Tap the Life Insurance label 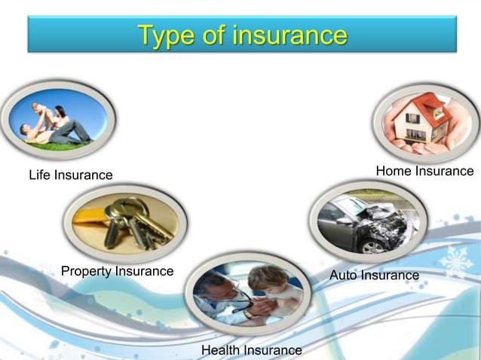[x=71, y=175]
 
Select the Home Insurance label [x=424, y=172]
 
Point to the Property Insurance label [x=117, y=271]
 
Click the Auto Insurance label [x=374, y=276]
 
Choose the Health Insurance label [x=251, y=350]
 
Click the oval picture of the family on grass [x=58, y=119]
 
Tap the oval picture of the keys [x=125, y=223]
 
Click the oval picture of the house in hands [x=425, y=121]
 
